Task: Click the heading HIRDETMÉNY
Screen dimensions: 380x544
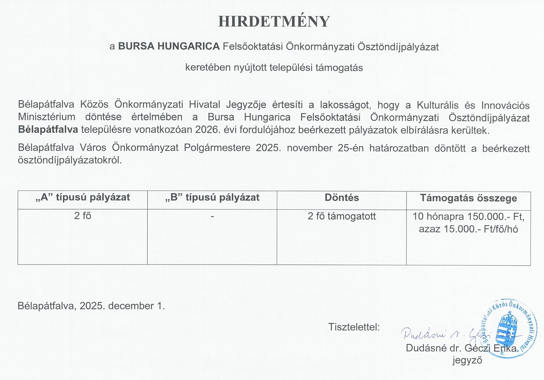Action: (x=274, y=22)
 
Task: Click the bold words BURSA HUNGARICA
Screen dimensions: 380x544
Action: (x=169, y=47)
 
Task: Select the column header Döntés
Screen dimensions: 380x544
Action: (x=341, y=198)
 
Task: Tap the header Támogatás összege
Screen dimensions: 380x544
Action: (x=468, y=198)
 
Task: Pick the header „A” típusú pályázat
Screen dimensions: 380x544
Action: (x=83, y=197)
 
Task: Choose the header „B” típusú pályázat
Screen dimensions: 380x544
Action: (x=212, y=197)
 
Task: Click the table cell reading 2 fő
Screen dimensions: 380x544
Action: (x=82, y=216)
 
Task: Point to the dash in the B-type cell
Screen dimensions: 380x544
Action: (x=212, y=216)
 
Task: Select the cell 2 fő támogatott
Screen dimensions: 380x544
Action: (x=341, y=216)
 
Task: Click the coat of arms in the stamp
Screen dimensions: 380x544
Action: (x=508, y=328)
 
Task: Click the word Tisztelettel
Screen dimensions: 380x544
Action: (x=354, y=327)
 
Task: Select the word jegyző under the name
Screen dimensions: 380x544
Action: (x=467, y=360)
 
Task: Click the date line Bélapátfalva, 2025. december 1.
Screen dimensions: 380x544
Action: (x=91, y=306)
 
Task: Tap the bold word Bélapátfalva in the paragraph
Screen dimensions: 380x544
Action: (x=48, y=129)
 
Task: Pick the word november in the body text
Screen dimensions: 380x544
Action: (x=311, y=148)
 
